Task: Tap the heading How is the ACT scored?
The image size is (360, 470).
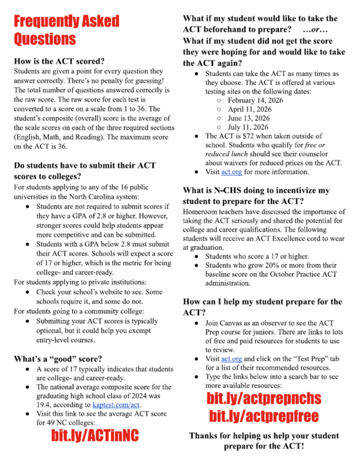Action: tap(59, 61)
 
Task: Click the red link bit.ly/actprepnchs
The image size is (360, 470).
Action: tap(264, 399)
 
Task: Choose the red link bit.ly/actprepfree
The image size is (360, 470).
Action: tap(264, 417)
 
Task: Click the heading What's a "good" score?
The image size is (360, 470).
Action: tap(58, 359)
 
